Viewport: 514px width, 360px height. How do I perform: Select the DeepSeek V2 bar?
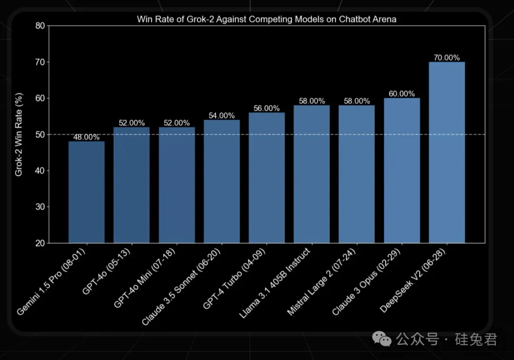coord(446,152)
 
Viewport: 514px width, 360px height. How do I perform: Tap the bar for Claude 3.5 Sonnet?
coord(222,181)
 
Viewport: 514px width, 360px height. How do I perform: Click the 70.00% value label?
coord(446,58)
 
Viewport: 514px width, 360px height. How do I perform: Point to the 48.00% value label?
coord(87,137)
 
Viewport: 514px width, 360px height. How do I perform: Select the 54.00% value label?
coord(222,116)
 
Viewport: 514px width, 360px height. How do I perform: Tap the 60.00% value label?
coord(402,94)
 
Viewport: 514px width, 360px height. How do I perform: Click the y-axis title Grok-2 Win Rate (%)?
coord(19,135)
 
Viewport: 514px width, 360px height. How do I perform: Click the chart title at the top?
coord(267,20)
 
